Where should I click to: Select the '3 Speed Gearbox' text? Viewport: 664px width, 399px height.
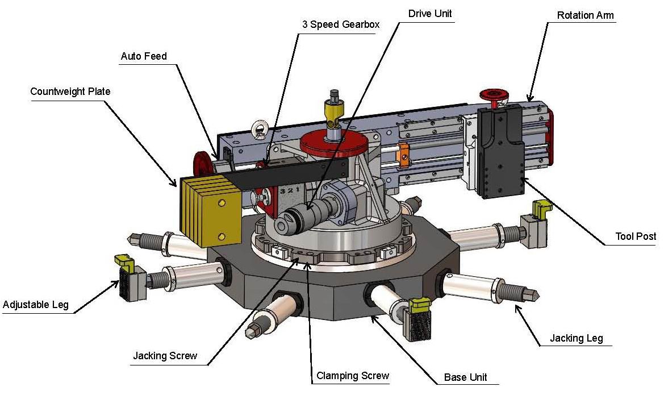[x=340, y=25]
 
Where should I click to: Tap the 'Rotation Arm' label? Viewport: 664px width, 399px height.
[x=585, y=15]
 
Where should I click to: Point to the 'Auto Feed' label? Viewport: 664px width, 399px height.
[x=144, y=57]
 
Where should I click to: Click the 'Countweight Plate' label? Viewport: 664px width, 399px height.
[x=70, y=92]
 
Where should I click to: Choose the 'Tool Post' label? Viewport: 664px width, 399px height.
[x=636, y=236]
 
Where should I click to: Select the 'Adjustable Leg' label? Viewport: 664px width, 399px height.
[x=35, y=305]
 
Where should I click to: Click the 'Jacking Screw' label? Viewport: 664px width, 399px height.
[x=165, y=356]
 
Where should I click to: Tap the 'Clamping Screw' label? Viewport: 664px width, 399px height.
[x=353, y=376]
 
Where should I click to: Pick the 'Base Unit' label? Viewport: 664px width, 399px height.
[x=465, y=377]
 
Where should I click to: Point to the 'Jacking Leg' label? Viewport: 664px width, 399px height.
[x=576, y=339]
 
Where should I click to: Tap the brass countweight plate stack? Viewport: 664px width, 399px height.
[x=207, y=211]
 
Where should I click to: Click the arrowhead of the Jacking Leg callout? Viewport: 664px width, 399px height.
[x=517, y=307]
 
